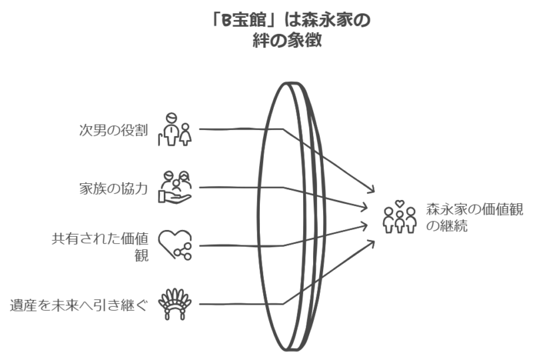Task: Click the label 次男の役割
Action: click(113, 130)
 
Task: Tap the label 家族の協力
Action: click(113, 189)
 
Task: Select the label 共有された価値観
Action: click(100, 247)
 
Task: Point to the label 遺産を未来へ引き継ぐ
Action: click(79, 305)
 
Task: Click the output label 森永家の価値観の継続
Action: click(474, 218)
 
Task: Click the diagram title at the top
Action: click(290, 30)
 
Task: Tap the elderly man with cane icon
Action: click(175, 129)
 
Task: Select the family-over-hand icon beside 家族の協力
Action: click(175, 187)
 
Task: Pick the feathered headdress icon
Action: click(175, 304)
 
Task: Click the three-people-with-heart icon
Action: click(400, 217)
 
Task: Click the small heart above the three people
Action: click(400, 203)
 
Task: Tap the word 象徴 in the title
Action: click(304, 41)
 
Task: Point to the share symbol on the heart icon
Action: click(183, 252)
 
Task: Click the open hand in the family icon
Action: click(175, 197)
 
